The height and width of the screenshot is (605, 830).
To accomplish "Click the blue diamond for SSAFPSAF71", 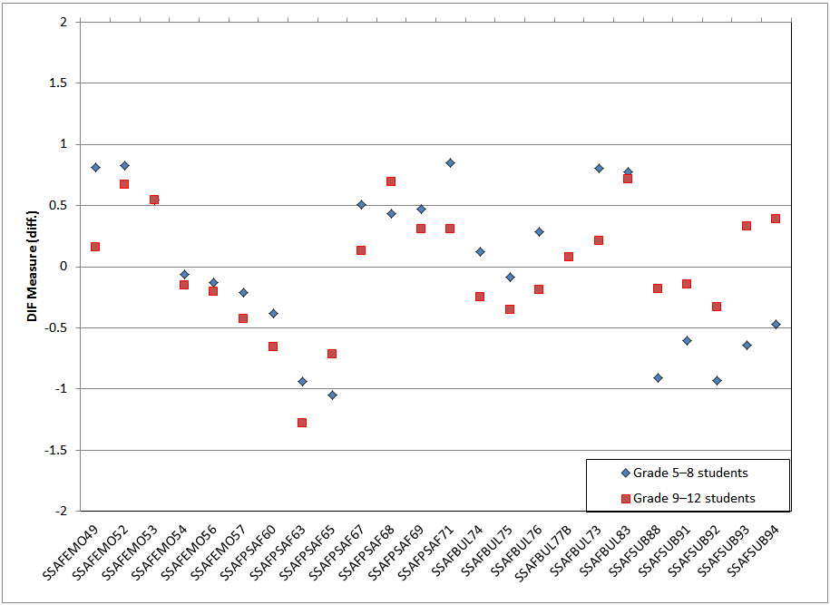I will [450, 162].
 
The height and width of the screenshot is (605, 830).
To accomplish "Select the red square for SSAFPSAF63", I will [302, 423].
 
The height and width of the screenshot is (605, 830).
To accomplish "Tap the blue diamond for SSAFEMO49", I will [95, 167].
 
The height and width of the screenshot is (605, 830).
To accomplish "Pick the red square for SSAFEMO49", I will [95, 247].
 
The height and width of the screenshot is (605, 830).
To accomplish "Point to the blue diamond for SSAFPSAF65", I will [332, 395].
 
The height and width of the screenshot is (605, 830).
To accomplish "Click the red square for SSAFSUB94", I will [776, 219].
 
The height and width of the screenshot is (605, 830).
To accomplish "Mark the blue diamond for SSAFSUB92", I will [717, 380].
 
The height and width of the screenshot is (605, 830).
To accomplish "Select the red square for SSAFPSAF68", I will [391, 181].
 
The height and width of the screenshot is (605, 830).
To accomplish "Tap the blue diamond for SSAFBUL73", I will [599, 168].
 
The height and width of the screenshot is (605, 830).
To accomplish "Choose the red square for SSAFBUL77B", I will [569, 257].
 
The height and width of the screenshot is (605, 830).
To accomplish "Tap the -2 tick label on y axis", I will [62, 511].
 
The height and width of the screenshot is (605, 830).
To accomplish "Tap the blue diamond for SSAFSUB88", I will [658, 377].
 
